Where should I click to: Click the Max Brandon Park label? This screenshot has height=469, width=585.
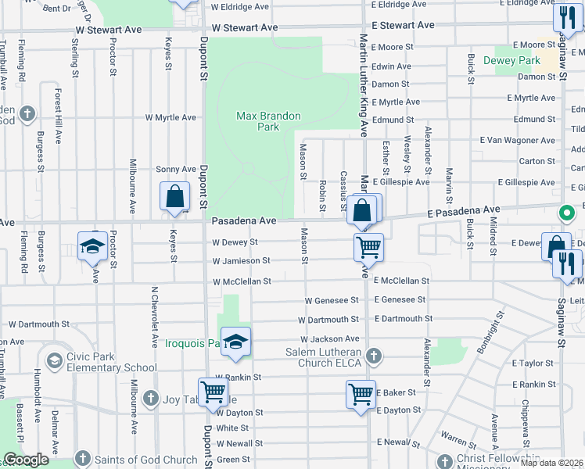point(268,121)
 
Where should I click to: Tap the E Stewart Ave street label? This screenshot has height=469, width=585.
point(403,26)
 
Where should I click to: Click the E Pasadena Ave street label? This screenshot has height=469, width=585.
point(463,210)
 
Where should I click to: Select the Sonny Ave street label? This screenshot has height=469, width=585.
point(176,169)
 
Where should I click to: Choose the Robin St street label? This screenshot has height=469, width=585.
point(322,195)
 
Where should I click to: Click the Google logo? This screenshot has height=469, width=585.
point(26,460)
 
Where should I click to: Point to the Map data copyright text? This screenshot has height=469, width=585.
point(552,463)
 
